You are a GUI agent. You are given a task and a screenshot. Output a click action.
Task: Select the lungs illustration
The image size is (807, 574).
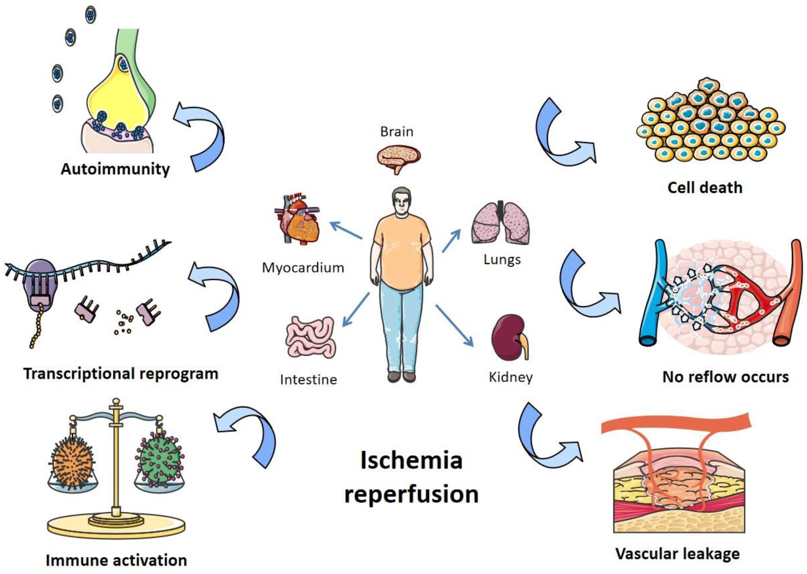500,223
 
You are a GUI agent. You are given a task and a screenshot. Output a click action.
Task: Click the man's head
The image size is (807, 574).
402,203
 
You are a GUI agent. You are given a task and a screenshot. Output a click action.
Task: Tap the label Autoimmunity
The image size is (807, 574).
115,169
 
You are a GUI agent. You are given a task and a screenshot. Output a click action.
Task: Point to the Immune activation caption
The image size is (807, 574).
116,560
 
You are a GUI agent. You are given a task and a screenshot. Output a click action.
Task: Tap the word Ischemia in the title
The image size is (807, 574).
411,461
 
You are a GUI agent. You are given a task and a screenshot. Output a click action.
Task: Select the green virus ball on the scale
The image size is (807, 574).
160,459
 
